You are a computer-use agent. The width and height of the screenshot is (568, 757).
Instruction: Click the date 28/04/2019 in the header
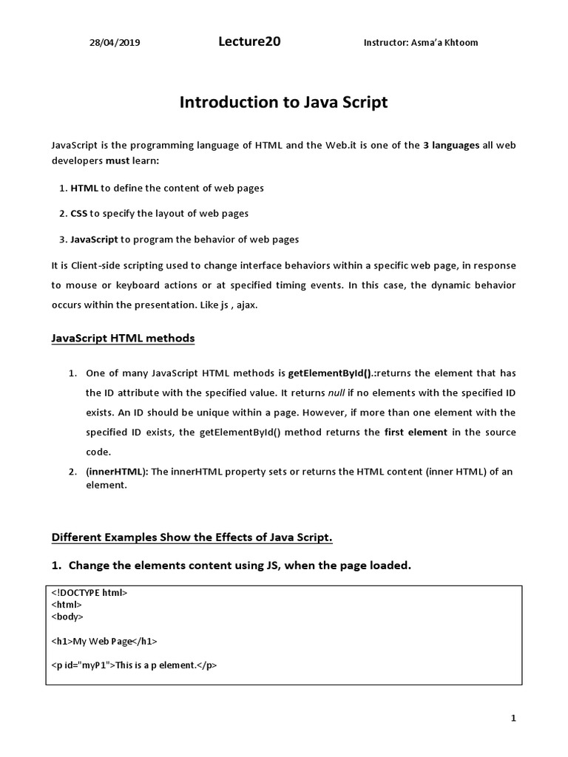click(115, 43)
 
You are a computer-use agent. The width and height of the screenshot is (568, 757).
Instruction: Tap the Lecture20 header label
click(249, 42)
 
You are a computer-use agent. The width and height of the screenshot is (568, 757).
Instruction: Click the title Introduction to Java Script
click(283, 103)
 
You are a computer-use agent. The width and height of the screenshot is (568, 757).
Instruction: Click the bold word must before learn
click(118, 160)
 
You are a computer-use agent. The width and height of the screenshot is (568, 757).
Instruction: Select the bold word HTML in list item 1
click(84, 188)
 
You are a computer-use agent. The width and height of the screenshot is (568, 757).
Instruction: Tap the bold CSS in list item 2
click(79, 213)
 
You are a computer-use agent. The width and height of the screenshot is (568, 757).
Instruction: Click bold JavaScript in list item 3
click(94, 239)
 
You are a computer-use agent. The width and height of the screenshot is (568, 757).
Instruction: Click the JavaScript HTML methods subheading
click(124, 338)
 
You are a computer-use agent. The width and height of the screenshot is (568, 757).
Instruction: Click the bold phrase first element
click(416, 432)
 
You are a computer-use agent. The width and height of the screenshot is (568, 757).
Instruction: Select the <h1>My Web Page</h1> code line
click(104, 641)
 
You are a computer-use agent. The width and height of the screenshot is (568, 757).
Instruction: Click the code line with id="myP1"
click(134, 665)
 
